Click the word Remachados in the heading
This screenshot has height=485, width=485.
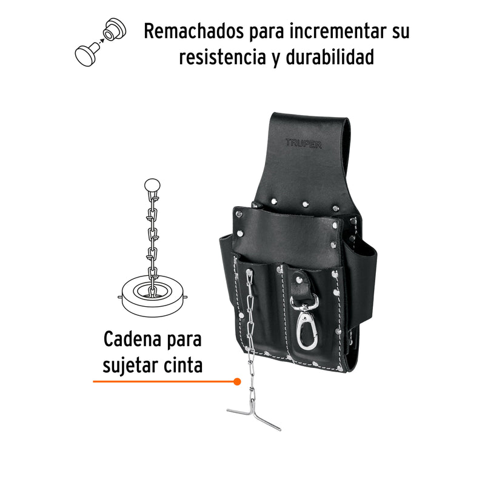pos(195,32)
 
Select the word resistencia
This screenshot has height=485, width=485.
pos(222,57)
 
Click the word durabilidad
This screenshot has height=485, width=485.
pos(330,57)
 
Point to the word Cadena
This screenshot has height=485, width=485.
pos(133,339)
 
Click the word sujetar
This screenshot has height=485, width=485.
pos(130,366)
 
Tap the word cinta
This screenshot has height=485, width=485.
pos(183,365)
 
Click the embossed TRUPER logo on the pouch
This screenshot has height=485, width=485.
pos(304,144)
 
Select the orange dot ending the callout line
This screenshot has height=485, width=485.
pos(237,382)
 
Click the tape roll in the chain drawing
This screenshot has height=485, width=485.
pos(153,296)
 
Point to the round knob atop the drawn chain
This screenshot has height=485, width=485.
pos(153,186)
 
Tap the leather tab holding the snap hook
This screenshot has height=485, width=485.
pos(301,284)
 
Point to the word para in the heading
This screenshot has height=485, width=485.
pos(268,33)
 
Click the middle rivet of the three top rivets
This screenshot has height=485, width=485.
pos(306,204)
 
